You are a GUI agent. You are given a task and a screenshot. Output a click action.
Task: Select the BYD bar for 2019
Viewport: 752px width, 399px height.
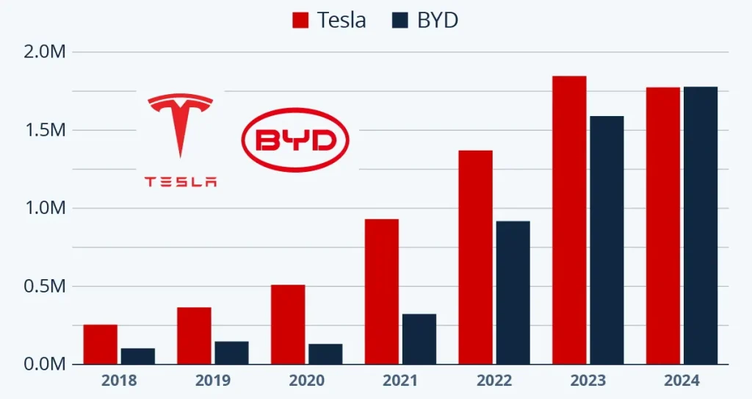pos(231,352)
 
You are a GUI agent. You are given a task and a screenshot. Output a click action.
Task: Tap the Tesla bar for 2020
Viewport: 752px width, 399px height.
pos(288,324)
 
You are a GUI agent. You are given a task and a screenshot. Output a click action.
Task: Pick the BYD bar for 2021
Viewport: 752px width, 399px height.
pos(419,339)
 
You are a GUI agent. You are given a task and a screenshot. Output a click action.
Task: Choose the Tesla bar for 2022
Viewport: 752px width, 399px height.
pos(475,257)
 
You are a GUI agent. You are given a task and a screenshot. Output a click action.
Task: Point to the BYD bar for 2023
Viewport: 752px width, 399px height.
pos(607,240)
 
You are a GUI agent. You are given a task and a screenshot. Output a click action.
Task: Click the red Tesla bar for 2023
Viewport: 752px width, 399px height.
pos(569,220)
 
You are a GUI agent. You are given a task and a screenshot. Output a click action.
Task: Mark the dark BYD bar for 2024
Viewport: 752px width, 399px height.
pos(701,225)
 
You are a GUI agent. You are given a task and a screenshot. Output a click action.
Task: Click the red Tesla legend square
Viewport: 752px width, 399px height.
pos(301,20)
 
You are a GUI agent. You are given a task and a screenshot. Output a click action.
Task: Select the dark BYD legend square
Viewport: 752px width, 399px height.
pos(400,20)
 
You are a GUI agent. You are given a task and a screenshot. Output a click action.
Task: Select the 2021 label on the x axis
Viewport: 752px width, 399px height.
pos(401,381)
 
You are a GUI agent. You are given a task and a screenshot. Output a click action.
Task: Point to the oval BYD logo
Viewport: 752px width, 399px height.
pos(295,140)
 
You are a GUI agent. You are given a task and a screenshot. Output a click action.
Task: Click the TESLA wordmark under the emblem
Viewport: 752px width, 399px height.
pos(181,181)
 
